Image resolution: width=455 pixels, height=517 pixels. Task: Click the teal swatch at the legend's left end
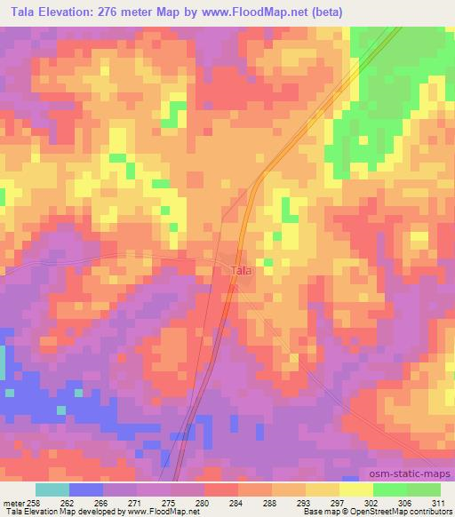[x=52, y=489]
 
